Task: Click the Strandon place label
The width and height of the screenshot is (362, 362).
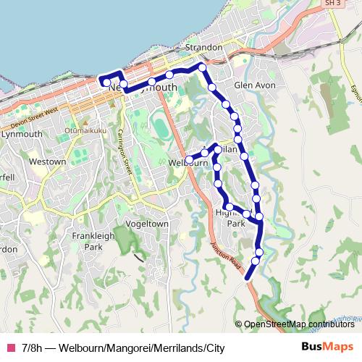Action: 204,48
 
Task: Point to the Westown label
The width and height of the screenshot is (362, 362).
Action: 48,162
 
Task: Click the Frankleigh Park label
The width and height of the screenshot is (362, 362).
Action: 93,242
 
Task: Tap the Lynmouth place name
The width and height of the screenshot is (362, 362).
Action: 22,135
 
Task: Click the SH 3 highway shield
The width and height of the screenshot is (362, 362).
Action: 332,4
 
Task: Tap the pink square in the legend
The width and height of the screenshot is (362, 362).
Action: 10,348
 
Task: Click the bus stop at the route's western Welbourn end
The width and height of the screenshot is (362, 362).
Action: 189,159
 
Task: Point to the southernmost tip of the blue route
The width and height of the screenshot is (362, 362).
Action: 248,277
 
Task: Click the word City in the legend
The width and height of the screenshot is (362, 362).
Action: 214,348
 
